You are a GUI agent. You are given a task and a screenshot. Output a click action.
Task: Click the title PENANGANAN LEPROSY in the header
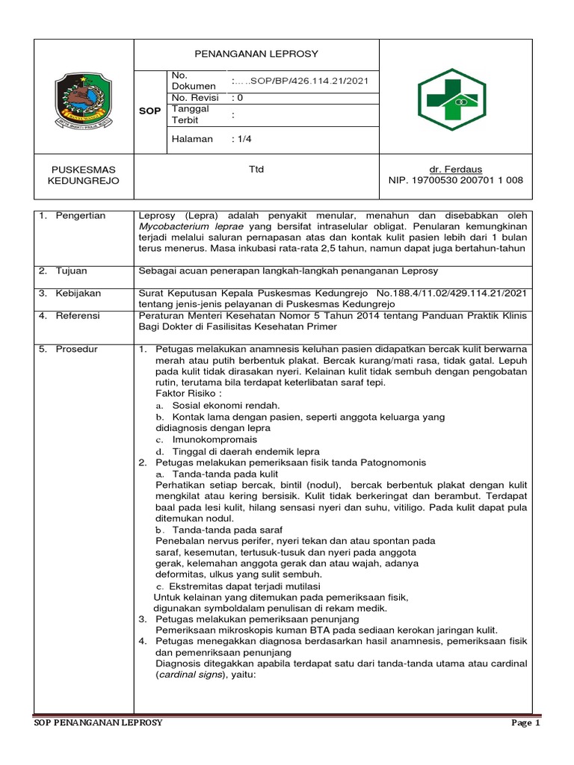click(x=256, y=54)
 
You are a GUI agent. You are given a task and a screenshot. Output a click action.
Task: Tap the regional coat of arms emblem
click(x=84, y=102)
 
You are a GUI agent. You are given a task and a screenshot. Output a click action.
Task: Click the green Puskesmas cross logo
click(x=456, y=100)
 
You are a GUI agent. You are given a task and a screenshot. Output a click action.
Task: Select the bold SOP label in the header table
click(x=150, y=111)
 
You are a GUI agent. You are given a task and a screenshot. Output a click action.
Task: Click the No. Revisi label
click(x=194, y=97)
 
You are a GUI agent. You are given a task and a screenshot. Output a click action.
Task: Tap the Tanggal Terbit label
click(x=190, y=114)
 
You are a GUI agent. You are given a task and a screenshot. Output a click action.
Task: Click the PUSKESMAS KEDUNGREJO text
click(x=83, y=176)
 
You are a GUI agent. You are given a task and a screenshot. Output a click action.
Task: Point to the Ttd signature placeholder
click(x=256, y=170)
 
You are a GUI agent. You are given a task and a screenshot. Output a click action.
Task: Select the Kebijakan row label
click(x=78, y=294)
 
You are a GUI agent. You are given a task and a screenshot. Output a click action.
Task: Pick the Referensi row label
click(x=78, y=316)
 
